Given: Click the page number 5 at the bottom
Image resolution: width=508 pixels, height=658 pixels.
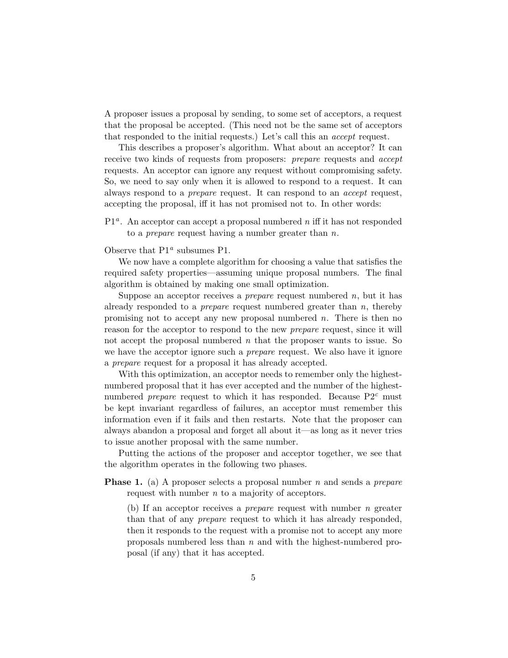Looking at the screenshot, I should coord(253,578).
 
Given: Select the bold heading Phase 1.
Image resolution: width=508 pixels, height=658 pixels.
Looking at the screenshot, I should coord(123,482).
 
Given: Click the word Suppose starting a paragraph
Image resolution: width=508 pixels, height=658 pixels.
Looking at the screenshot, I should coord(135,296).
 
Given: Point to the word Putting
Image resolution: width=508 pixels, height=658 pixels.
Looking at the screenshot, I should coord(133,453).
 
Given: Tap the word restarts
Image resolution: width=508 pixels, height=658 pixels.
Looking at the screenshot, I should coord(269,419).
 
